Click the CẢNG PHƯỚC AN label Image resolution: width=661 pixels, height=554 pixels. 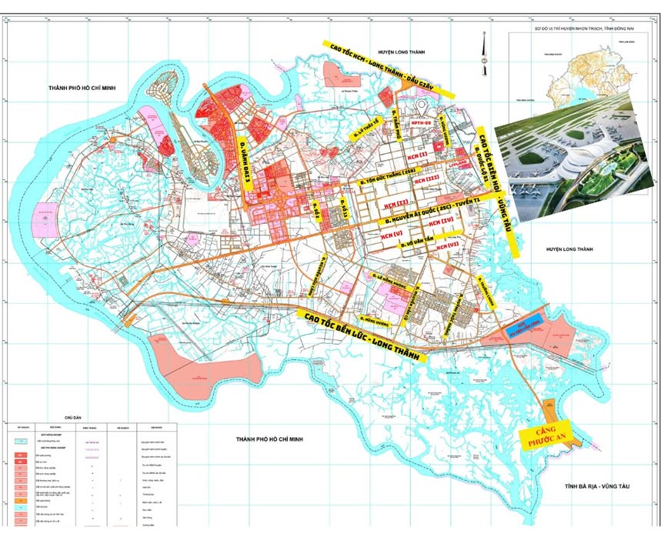[546, 436]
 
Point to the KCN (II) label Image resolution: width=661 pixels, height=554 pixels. [392, 203]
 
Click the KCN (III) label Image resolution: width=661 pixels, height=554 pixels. [426, 179]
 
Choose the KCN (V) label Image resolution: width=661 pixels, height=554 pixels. [389, 232]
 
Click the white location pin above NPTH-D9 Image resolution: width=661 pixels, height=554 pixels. [422, 107]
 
